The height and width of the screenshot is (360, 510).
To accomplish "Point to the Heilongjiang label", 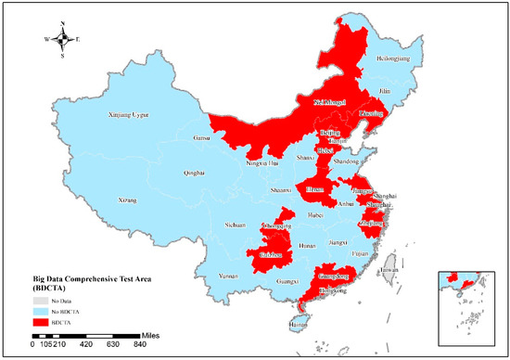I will (x=392, y=58).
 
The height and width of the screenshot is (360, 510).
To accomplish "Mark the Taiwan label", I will (x=389, y=270).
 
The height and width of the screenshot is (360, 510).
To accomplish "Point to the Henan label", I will (x=316, y=187).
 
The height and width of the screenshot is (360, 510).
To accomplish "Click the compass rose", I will (x=62, y=38).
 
